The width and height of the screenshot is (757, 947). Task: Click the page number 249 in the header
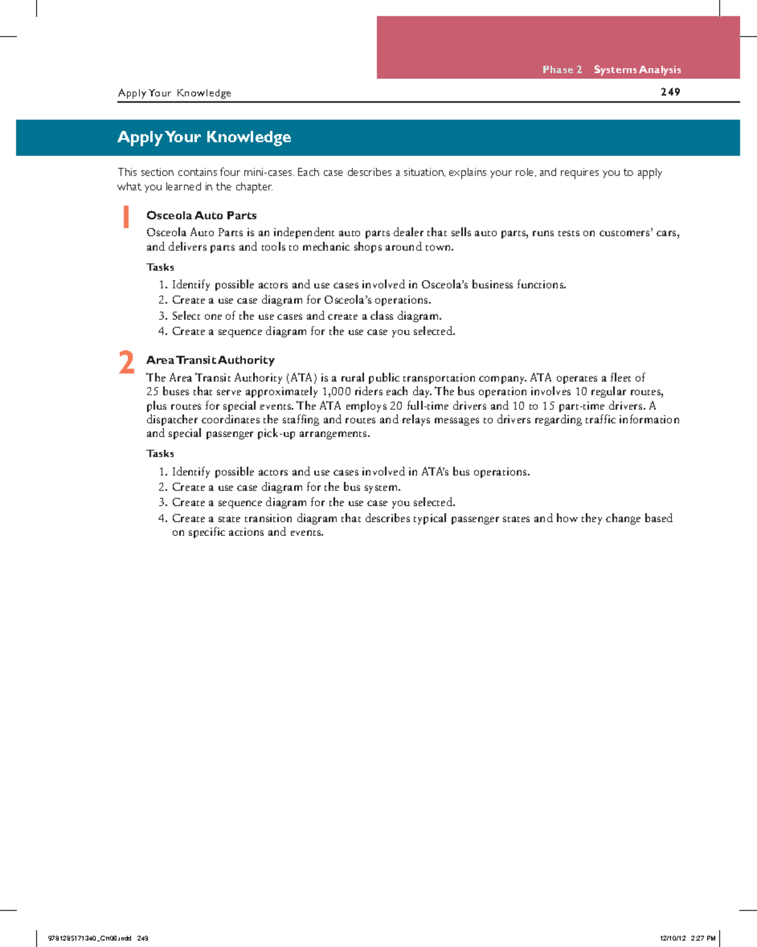[x=670, y=92]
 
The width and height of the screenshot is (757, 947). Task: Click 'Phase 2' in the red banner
[x=561, y=70]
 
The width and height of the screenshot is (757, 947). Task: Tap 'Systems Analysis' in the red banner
[x=637, y=70]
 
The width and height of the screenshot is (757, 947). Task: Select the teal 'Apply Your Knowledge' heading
[x=204, y=137]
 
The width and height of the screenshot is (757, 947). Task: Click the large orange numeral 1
[x=126, y=217]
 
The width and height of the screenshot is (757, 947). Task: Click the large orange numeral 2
[x=126, y=363]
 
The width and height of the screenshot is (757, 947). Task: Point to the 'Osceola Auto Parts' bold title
[x=201, y=216]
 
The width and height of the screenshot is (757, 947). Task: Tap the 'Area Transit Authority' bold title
[x=210, y=360]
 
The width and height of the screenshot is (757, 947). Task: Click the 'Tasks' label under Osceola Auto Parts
[x=160, y=267]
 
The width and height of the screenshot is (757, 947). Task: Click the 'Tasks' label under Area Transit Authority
[x=160, y=454]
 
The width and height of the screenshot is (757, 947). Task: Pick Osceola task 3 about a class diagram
[x=306, y=316]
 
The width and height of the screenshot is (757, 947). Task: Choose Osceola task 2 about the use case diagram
[x=301, y=300]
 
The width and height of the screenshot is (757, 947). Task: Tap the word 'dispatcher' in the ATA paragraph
[x=172, y=420]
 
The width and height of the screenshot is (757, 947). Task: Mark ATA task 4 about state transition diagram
[x=421, y=518]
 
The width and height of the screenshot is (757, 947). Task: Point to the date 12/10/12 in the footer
[x=672, y=938]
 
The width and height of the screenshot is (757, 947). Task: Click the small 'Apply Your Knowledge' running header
[x=174, y=93]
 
